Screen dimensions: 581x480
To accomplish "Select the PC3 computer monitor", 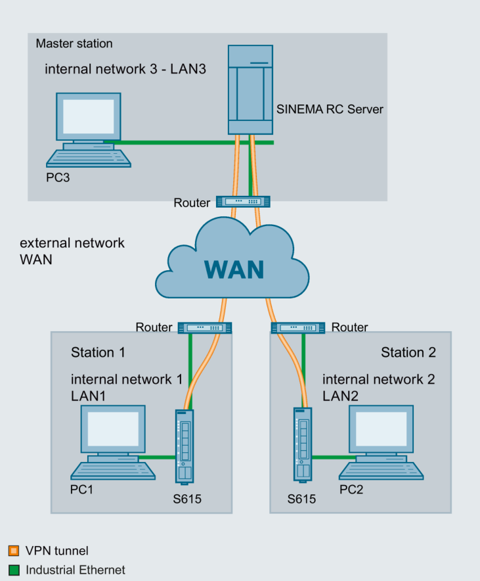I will tap(88, 118).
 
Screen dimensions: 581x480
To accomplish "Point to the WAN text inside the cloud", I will tap(233, 269).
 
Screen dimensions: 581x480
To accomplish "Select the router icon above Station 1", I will tap(205, 327).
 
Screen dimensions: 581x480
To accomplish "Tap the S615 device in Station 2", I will tap(301, 444).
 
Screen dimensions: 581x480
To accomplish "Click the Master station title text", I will tap(74, 44).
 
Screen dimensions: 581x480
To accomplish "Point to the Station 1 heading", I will tap(98, 352).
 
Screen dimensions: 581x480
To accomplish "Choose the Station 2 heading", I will tap(408, 352).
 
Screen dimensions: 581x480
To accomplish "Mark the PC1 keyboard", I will tap(113, 471).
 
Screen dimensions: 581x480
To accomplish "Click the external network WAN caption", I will tap(72, 250).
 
